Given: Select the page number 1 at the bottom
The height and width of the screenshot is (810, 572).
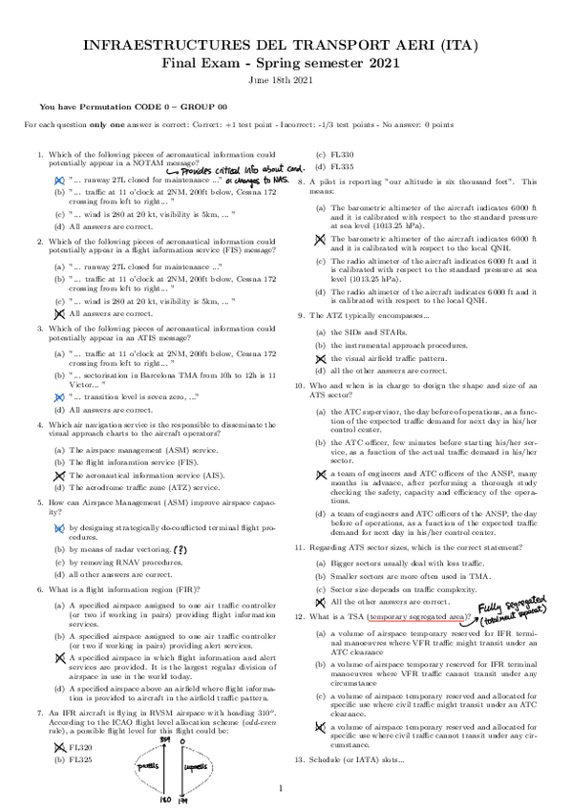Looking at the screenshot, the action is tap(282, 789).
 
